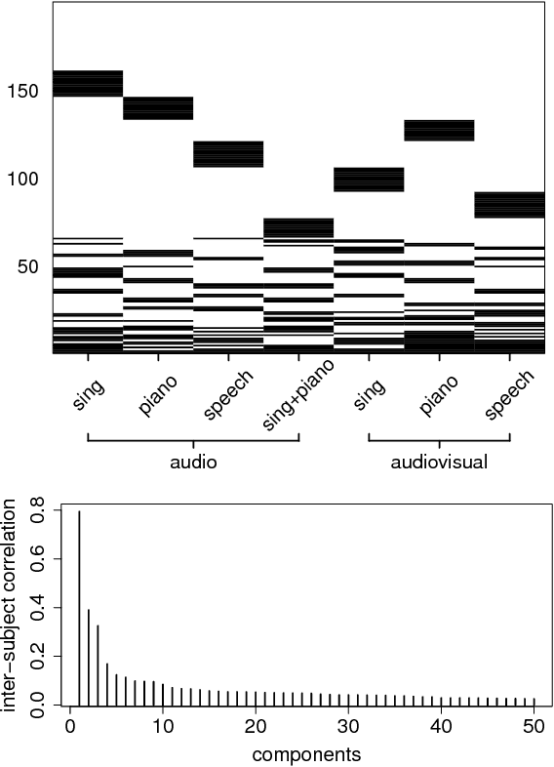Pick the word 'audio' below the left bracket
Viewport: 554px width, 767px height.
tap(192, 463)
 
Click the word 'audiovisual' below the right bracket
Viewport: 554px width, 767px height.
tap(439, 463)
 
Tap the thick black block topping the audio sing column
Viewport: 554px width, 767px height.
tap(88, 84)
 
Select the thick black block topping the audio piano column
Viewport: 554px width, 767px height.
tap(158, 108)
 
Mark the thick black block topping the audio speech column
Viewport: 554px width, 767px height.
tap(228, 154)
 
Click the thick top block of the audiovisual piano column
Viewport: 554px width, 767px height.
tap(439, 130)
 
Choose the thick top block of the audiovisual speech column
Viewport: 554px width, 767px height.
tap(509, 205)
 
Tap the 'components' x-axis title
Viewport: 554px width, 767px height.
tap(302, 754)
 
